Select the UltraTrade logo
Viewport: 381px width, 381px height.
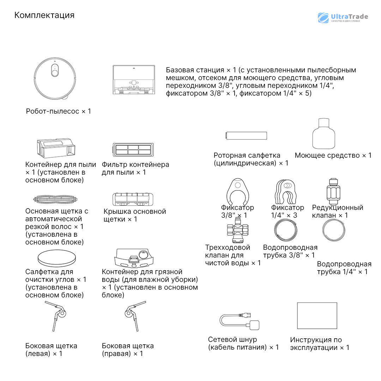[343, 18]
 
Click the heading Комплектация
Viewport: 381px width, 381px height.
[44, 15]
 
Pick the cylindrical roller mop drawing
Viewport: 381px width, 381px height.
[246, 136]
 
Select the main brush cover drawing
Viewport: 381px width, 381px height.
[133, 199]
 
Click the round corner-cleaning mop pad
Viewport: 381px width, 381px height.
[57, 259]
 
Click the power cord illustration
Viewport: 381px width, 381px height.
[240, 321]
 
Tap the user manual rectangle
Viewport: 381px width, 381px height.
[317, 315]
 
